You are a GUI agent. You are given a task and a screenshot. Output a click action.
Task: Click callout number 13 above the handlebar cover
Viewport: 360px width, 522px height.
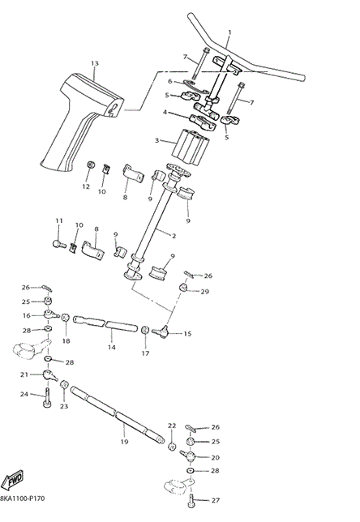(x=94, y=63)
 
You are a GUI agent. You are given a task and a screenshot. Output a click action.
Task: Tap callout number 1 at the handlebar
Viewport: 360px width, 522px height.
(x=229, y=33)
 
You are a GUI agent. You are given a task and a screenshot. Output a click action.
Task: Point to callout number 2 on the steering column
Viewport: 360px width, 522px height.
(x=174, y=235)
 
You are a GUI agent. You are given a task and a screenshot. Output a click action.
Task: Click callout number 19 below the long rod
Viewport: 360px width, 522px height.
(x=124, y=442)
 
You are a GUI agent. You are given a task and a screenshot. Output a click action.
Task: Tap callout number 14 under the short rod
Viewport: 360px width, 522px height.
(x=111, y=347)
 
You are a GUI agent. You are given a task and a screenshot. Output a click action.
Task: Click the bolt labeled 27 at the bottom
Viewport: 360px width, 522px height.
(x=192, y=500)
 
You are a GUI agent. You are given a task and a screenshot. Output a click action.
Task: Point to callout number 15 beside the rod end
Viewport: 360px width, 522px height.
(x=188, y=333)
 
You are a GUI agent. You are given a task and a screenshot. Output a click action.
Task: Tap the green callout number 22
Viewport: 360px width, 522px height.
(x=171, y=425)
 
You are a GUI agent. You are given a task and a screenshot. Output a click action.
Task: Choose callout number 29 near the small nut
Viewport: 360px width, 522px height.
(x=205, y=291)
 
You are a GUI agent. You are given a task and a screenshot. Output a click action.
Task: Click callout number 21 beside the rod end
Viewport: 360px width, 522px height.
(x=25, y=374)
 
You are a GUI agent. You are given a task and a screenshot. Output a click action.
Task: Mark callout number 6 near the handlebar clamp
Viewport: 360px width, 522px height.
(x=170, y=81)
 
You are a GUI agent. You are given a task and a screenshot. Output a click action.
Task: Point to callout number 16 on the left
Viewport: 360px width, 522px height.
(x=26, y=315)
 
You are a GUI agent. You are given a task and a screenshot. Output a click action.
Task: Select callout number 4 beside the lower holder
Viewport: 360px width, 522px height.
(x=165, y=113)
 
